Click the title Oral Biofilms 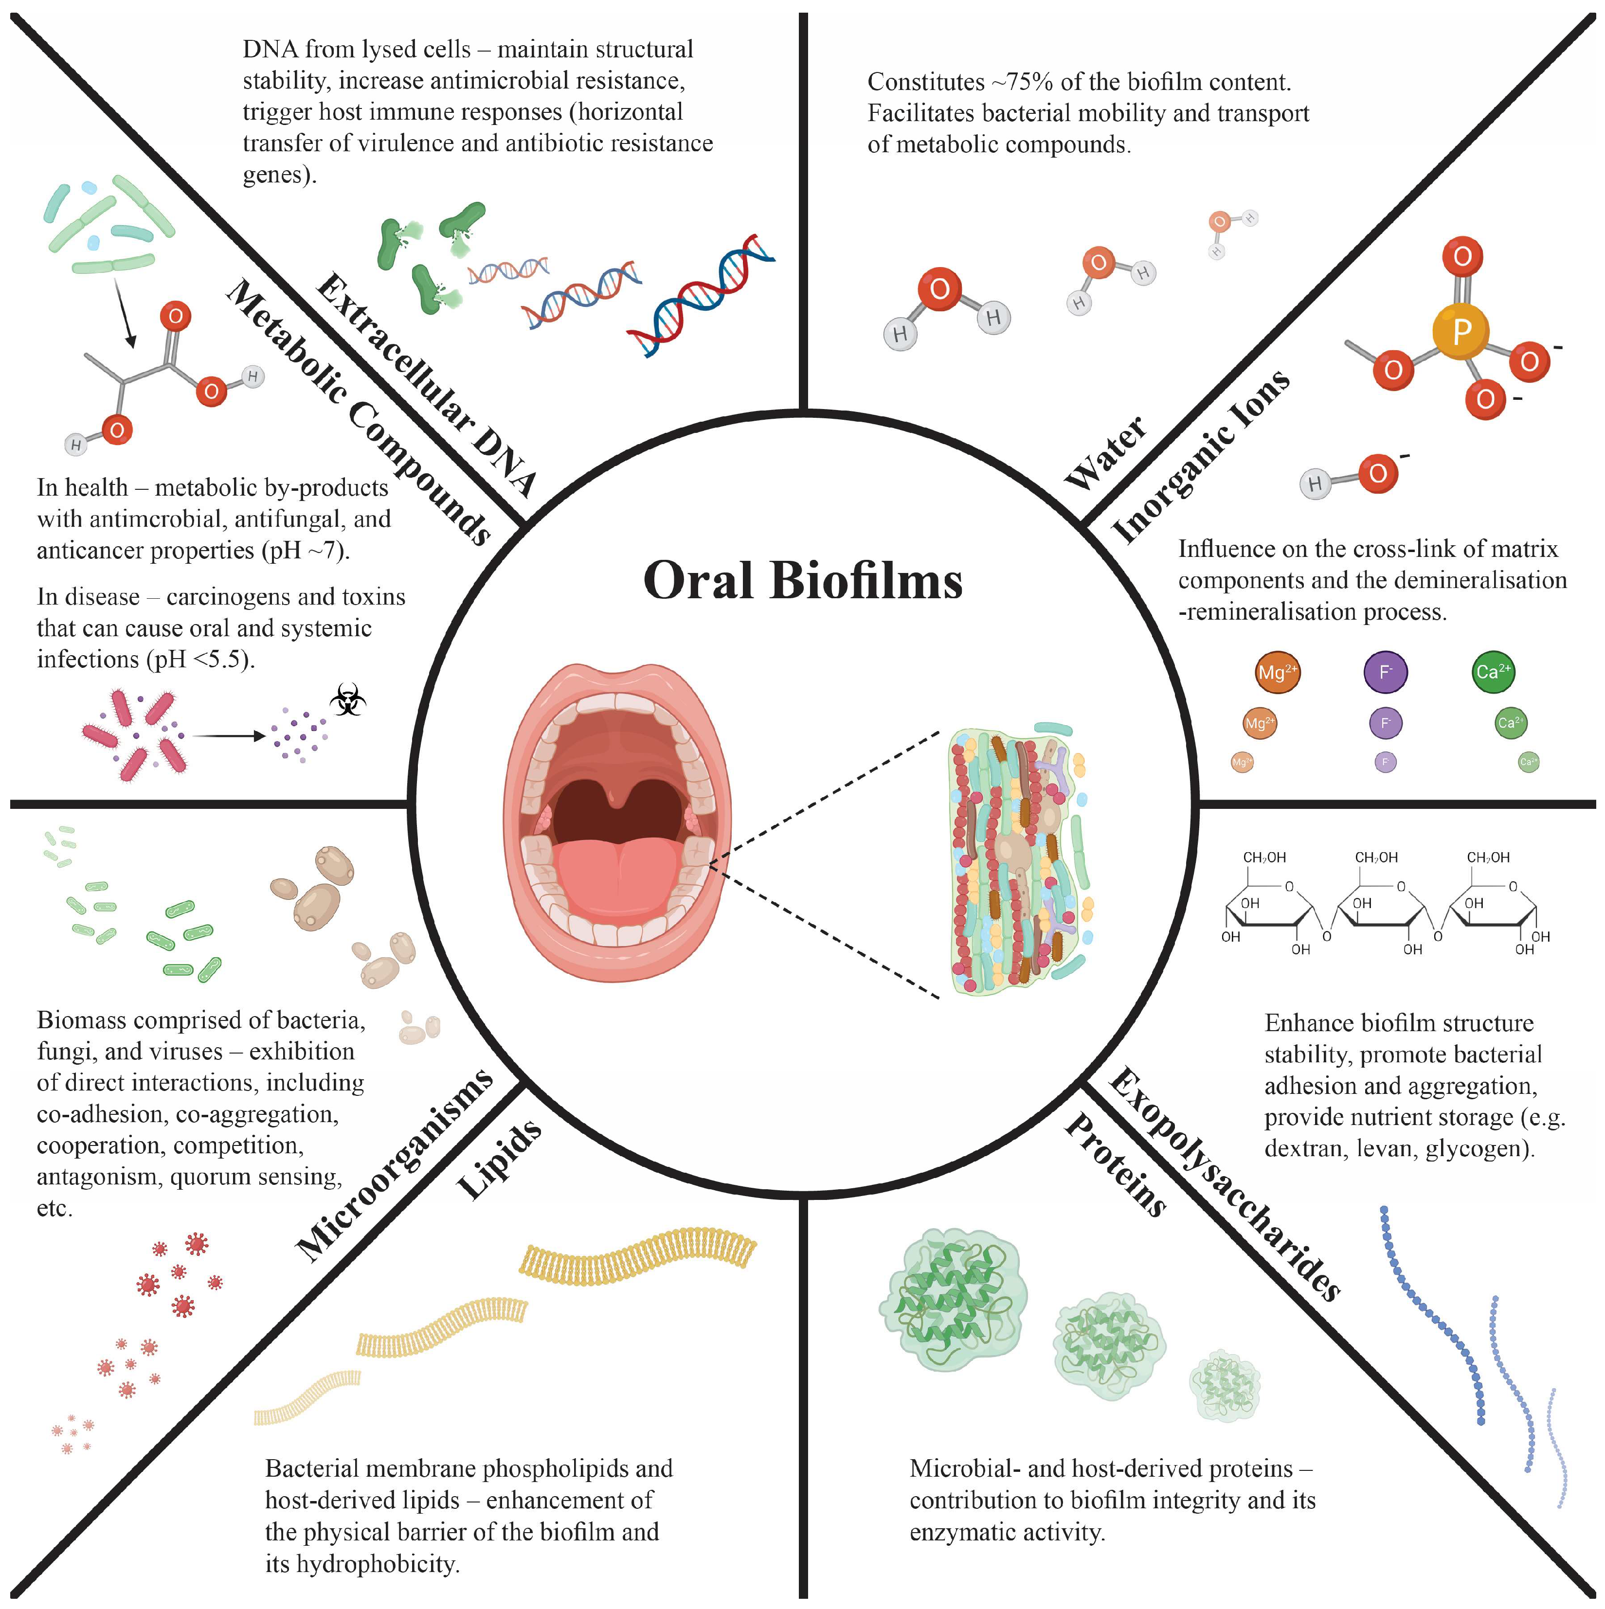(x=802, y=580)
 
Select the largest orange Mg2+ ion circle (x=1277, y=672)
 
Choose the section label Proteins (x=1116, y=1166)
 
